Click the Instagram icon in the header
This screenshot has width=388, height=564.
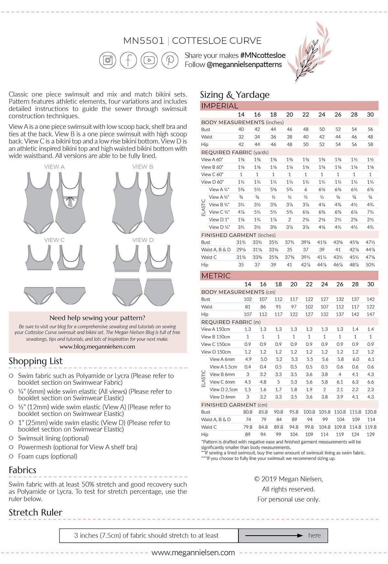click(x=108, y=60)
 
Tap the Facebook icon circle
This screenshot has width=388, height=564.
click(x=128, y=60)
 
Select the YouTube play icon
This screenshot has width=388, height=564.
click(x=149, y=60)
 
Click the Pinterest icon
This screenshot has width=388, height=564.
click(x=170, y=60)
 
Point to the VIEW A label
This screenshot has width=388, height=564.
click(x=54, y=167)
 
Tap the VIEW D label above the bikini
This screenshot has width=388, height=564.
click(x=143, y=240)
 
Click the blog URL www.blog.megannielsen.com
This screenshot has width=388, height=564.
click(x=97, y=347)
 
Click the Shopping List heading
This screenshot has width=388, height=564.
click(x=36, y=361)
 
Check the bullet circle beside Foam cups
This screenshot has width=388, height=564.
click(x=11, y=456)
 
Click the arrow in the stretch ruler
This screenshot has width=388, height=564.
click(x=274, y=536)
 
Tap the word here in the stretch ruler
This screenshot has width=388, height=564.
click(x=315, y=536)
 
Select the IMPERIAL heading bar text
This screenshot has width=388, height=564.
click(x=220, y=106)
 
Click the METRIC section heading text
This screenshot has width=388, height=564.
click(x=216, y=276)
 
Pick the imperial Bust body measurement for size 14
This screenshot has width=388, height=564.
click(x=241, y=129)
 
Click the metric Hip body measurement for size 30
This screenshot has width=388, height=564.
click(x=371, y=314)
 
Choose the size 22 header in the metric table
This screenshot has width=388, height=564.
click(x=309, y=284)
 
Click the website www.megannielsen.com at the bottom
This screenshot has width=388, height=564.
click(x=193, y=553)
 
